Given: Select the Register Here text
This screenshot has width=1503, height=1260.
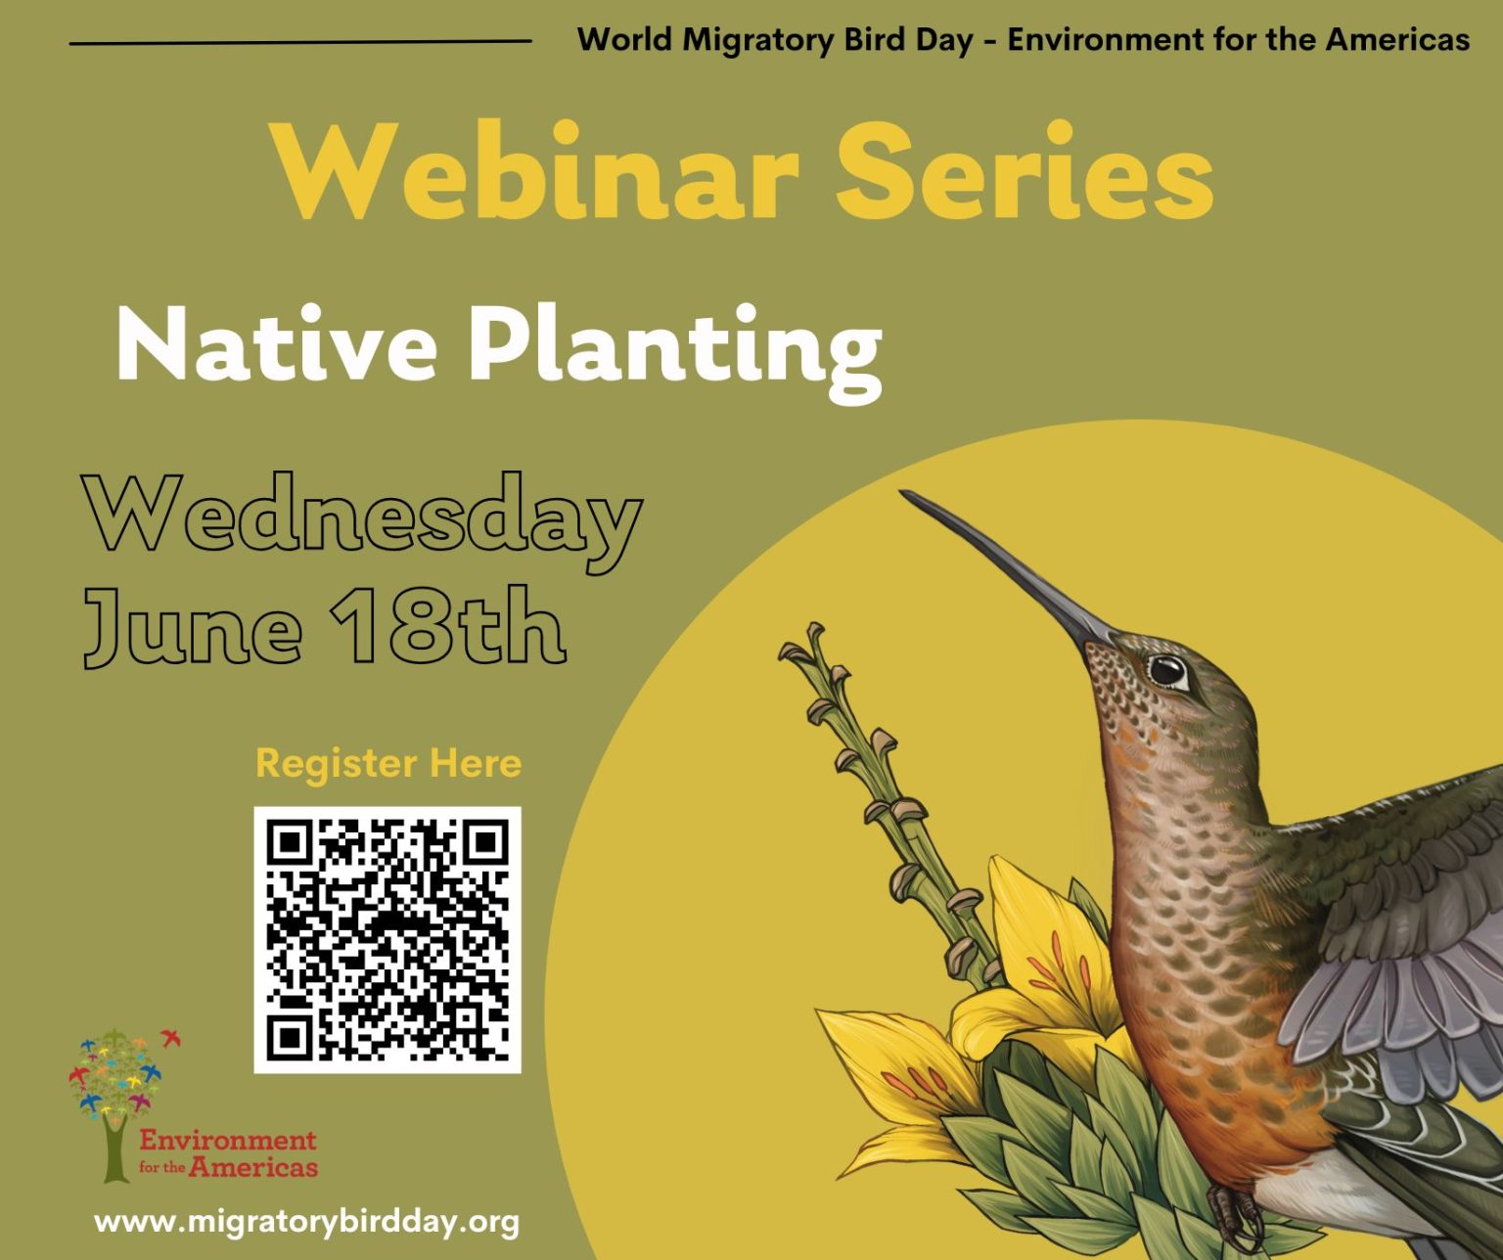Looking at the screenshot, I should coord(388,763).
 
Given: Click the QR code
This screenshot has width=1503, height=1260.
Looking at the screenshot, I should coord(387,939).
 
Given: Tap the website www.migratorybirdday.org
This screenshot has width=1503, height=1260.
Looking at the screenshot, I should coord(306,1222).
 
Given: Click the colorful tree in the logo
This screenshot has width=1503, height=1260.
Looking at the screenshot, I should coord(114,1086).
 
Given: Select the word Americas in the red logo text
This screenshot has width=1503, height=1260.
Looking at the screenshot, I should coord(253,1166).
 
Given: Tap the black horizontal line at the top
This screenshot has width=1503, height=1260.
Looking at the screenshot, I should coord(299,42).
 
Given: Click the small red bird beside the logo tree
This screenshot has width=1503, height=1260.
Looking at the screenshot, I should coord(172,1037).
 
